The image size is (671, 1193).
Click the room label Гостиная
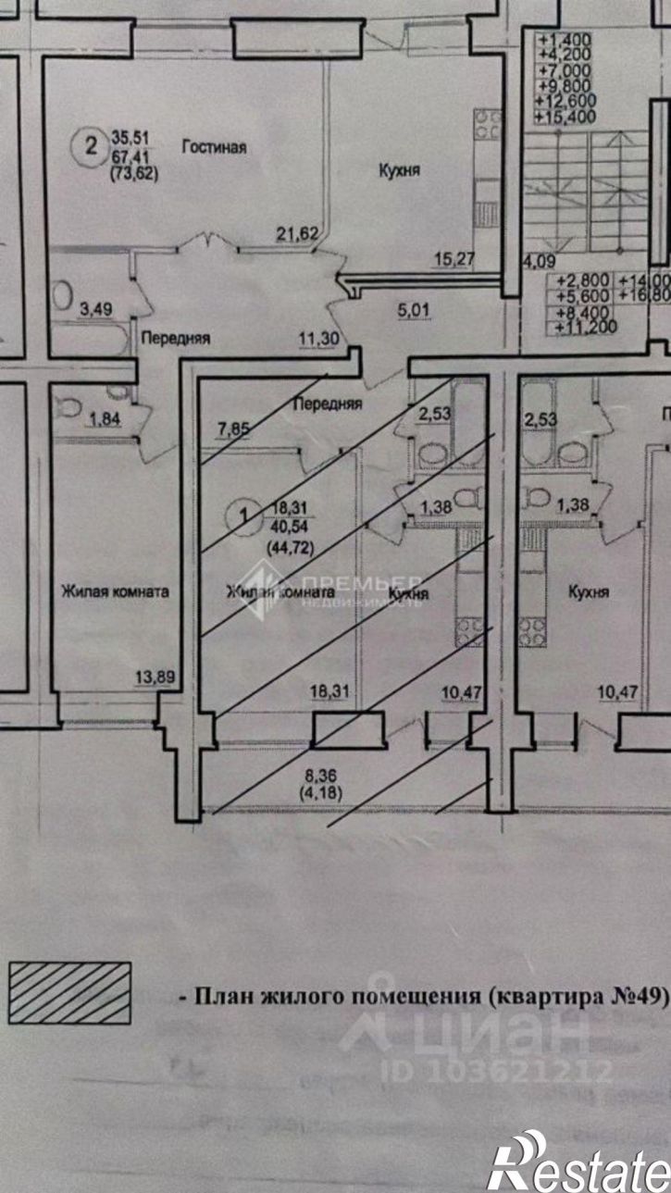point(213,146)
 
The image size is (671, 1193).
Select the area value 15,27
point(454,260)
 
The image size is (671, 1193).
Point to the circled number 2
point(90,144)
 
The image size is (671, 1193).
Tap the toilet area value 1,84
point(104,421)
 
